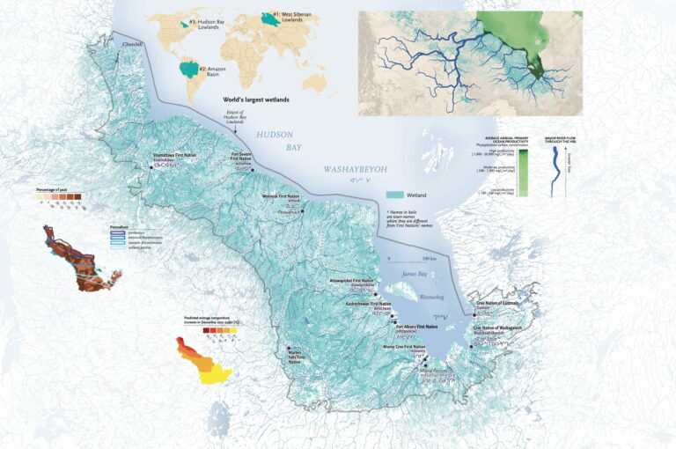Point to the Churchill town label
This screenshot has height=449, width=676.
(132, 40)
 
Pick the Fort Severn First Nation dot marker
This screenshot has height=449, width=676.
(253, 170)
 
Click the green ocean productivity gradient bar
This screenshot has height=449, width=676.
(523, 172)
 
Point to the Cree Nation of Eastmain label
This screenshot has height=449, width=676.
(499, 302)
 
